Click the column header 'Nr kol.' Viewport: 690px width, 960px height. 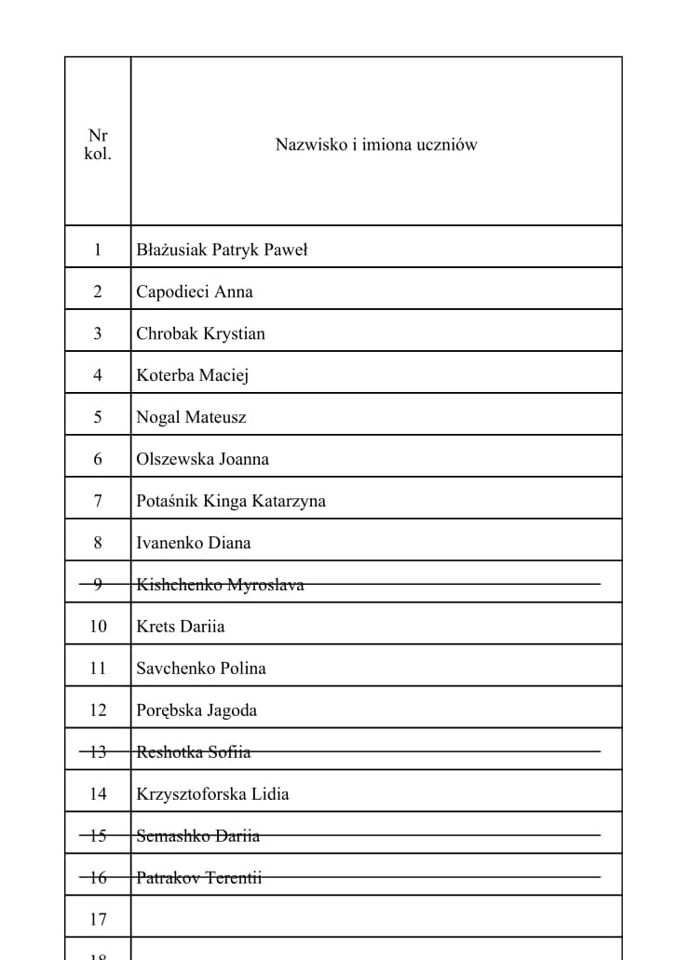coord(98,145)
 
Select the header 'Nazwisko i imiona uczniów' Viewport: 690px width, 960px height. coord(376,145)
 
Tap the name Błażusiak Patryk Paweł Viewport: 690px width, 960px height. coord(222,250)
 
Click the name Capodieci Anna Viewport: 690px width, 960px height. coord(195,291)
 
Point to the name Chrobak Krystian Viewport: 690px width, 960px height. coord(200,333)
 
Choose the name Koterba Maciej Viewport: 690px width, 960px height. coord(193,375)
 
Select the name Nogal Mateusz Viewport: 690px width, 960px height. coord(191,417)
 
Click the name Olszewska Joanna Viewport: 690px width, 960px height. coord(202,459)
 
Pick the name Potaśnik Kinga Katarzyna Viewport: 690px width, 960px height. coord(231,501)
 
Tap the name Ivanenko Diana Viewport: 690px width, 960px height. coord(194,543)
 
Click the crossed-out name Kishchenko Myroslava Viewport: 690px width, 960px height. coord(220,585)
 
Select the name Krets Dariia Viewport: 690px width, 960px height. coord(181,627)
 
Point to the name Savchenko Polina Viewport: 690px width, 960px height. coord(201,669)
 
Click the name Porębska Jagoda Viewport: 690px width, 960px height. coord(196,710)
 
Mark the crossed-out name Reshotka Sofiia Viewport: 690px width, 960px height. coord(194,752)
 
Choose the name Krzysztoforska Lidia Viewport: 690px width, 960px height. coord(212,794)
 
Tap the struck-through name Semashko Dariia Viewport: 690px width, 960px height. coord(198,836)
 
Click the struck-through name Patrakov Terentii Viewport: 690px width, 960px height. coord(199,878)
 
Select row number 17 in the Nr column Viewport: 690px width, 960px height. coord(98,920)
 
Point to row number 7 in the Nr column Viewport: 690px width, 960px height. coord(98,501)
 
